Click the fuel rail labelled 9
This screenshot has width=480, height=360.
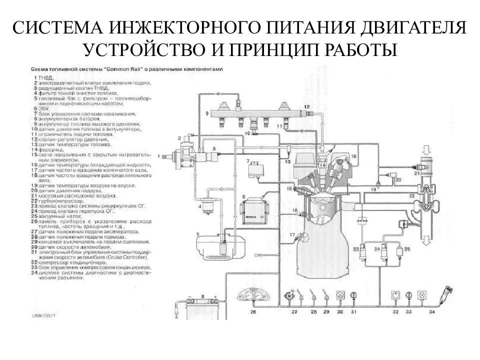pyautogui.click(x=250, y=114)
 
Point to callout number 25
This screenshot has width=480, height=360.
pyautogui.click(x=406, y=248)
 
